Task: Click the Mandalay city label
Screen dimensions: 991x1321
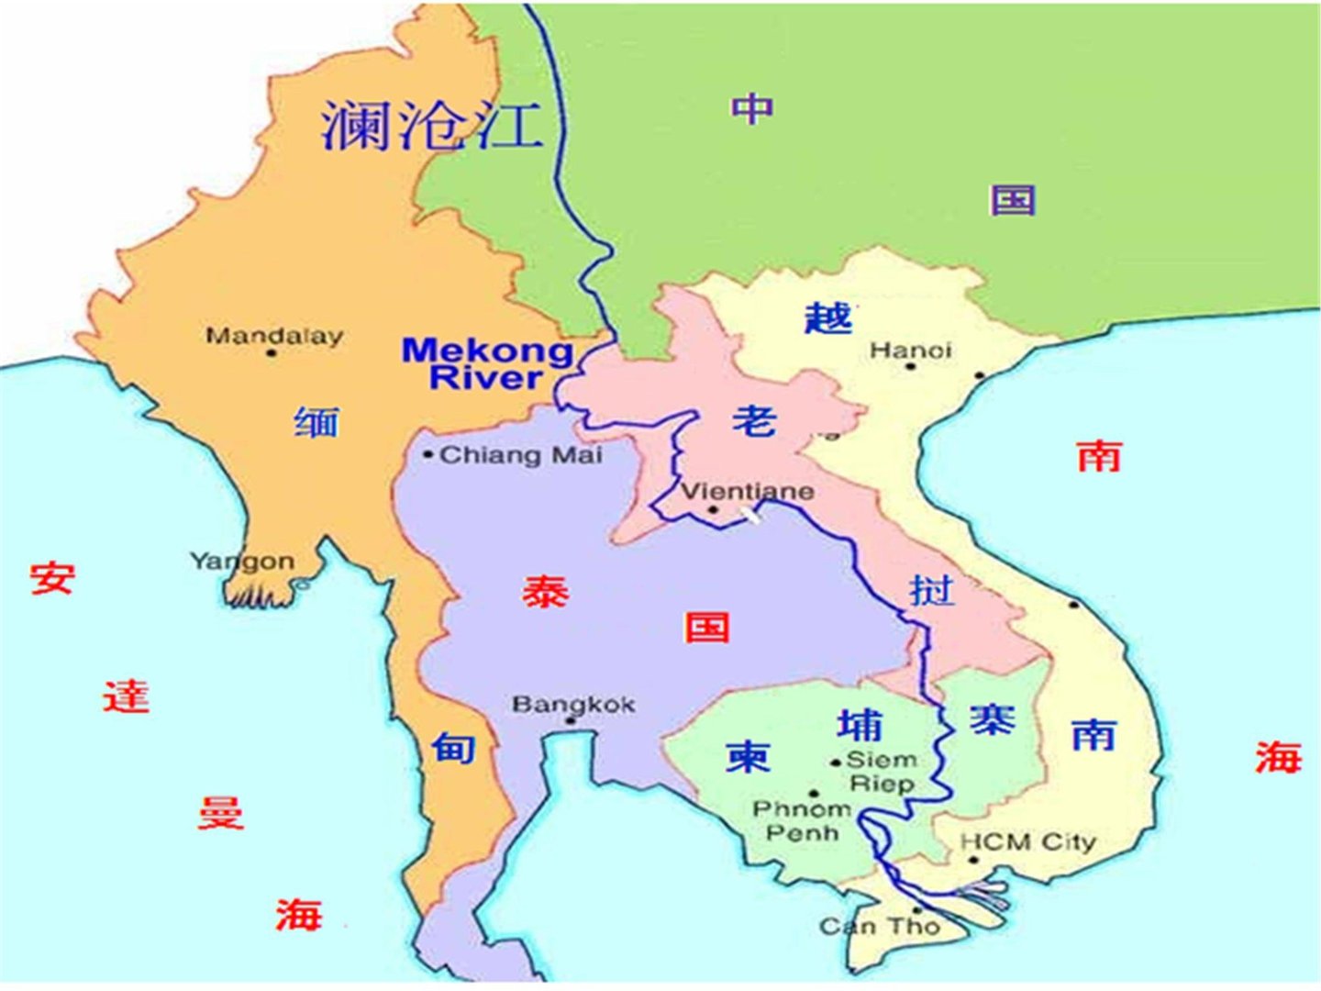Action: click(x=273, y=336)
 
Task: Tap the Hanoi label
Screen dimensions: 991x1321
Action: click(x=910, y=350)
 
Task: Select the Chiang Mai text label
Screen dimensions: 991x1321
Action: click(x=521, y=454)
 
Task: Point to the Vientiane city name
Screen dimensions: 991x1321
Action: click(x=747, y=491)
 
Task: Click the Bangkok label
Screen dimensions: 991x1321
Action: click(x=573, y=704)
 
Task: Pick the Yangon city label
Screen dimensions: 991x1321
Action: click(x=241, y=561)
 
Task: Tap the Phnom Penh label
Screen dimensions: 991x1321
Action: click(x=802, y=820)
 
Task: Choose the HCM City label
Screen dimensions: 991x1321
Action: click(x=1027, y=841)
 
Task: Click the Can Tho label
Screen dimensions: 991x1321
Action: click(x=880, y=926)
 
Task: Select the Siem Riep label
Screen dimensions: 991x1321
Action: click(x=882, y=772)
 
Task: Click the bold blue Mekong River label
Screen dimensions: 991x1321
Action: click(x=487, y=363)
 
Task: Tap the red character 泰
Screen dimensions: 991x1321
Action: click(x=546, y=592)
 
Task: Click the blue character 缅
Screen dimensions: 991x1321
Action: click(x=316, y=421)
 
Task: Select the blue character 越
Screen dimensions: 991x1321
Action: click(x=828, y=317)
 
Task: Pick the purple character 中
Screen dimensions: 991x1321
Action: click(x=752, y=108)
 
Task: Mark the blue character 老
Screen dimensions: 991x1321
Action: click(x=755, y=419)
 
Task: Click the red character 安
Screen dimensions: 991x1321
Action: click(x=51, y=578)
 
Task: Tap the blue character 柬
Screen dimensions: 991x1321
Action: click(x=748, y=756)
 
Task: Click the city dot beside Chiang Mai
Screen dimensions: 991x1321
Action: click(x=427, y=454)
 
